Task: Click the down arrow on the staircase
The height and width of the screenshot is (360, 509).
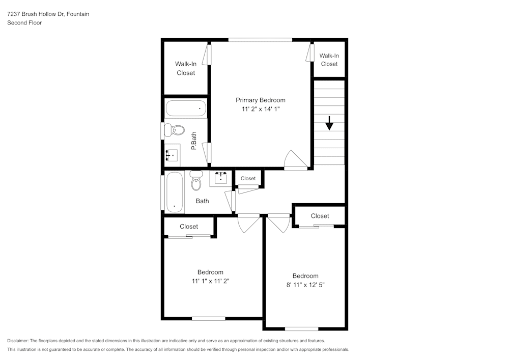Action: [x=329, y=123]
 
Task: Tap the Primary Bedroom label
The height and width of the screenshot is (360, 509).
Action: [x=260, y=100]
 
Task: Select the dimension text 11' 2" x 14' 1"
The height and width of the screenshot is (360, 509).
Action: [x=261, y=109]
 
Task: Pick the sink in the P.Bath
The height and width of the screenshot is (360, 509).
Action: [x=172, y=154]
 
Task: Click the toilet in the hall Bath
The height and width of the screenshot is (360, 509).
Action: [x=196, y=180]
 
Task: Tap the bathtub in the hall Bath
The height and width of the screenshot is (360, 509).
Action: [x=174, y=192]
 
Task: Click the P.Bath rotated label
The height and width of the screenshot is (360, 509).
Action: [x=194, y=141]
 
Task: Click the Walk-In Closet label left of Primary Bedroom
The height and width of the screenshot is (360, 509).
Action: [x=186, y=68]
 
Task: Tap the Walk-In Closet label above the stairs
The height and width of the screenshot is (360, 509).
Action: [x=329, y=60]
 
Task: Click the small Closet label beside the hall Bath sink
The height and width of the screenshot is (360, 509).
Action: [x=248, y=178]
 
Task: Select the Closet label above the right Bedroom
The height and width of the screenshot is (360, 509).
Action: [x=320, y=216]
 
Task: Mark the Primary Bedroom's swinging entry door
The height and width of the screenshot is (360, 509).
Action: [x=296, y=159]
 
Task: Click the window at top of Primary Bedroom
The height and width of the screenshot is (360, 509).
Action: [x=260, y=40]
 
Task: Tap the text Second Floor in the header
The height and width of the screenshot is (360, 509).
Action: [x=24, y=23]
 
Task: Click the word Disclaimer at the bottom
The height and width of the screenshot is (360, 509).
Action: [x=18, y=341]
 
